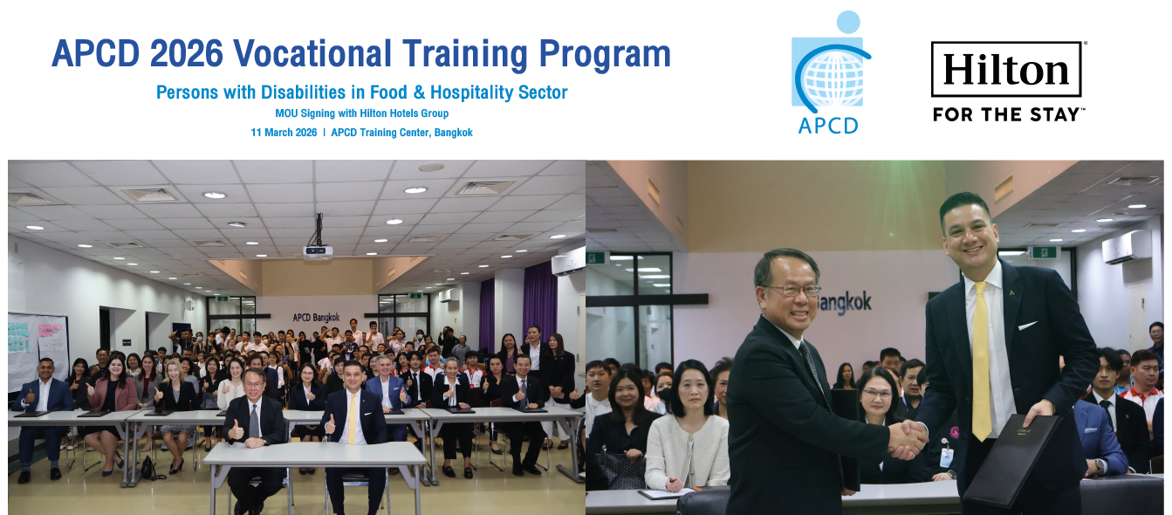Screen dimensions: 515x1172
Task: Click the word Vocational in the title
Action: (306, 54)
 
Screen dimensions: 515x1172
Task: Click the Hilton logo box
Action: (1006, 69)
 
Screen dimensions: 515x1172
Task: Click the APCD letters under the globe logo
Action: (827, 125)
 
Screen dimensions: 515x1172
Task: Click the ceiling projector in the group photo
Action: (318, 251)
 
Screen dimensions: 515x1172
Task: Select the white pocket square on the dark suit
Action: (1027, 326)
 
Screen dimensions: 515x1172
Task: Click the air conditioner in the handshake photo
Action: (1126, 247)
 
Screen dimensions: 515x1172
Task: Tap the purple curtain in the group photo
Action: (539, 297)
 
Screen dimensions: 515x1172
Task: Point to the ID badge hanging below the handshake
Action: (947, 457)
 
